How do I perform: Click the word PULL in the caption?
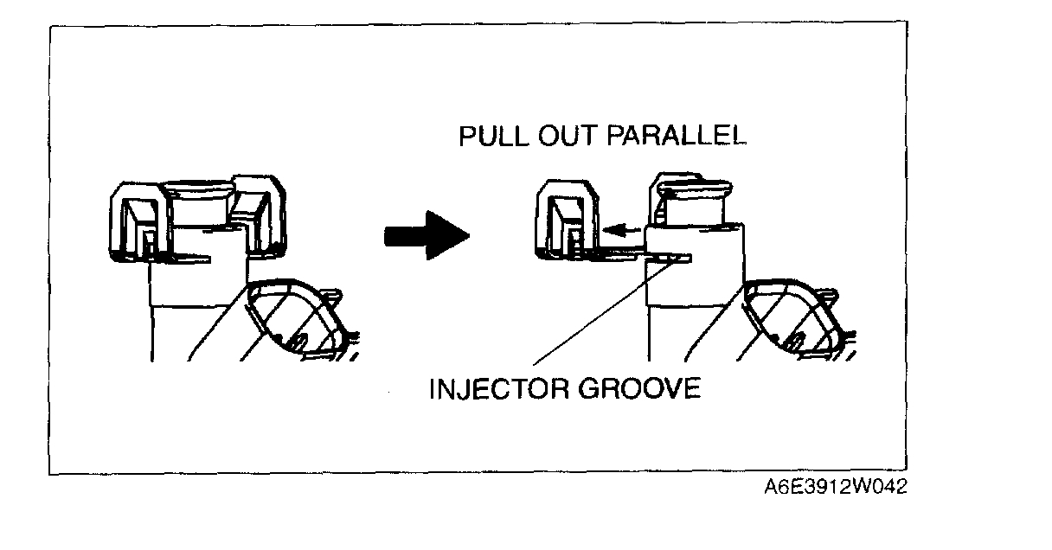click(491, 138)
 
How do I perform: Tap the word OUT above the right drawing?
click(561, 138)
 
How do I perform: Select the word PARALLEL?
click(673, 138)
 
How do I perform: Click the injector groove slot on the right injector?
click(672, 257)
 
